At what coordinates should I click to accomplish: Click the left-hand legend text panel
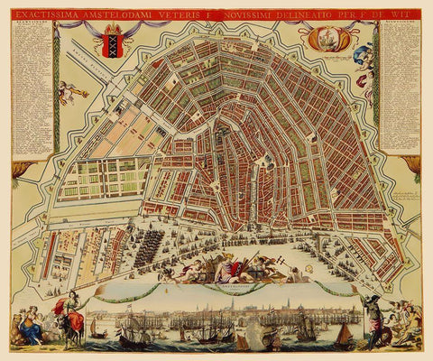(31, 86)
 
